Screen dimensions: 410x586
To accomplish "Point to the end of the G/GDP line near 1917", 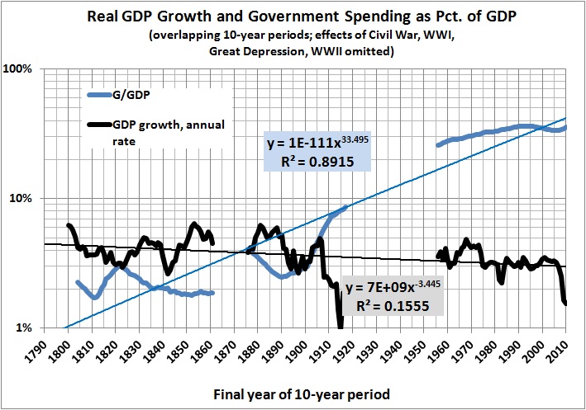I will pos(345,207).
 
